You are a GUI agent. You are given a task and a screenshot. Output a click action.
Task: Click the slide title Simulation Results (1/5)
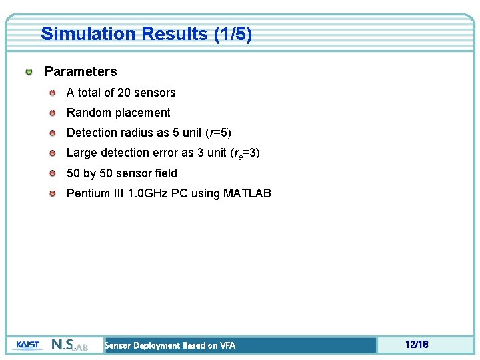click(146, 34)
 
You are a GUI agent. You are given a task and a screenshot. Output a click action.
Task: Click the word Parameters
click(80, 71)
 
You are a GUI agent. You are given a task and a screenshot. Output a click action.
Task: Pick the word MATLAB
click(247, 193)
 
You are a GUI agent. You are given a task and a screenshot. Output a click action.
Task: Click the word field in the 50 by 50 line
click(165, 173)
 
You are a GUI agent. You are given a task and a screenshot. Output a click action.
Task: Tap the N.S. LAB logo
click(69, 345)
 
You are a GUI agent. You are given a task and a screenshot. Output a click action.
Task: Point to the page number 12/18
click(416, 345)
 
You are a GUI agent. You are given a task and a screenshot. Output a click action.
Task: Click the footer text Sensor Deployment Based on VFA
click(170, 345)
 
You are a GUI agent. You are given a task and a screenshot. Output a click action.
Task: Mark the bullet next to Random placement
click(53, 113)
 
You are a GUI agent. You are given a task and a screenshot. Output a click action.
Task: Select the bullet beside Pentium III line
click(53, 194)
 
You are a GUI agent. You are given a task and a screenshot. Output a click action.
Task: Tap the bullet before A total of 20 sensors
click(53, 93)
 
